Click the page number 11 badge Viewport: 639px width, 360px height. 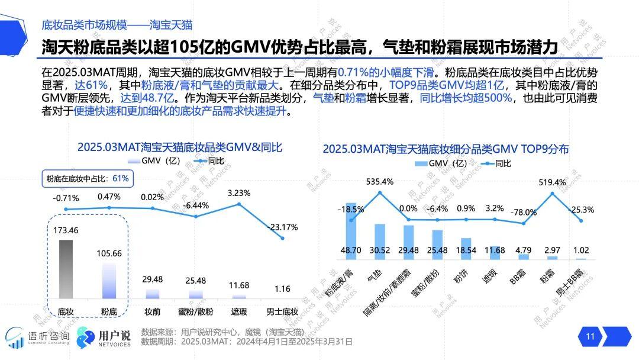tap(590, 337)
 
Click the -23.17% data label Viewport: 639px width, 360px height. tap(282, 227)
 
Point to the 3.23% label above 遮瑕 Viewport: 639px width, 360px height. tap(239, 192)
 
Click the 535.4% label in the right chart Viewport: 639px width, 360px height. tap(380, 181)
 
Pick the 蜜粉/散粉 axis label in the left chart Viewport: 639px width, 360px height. tap(195, 311)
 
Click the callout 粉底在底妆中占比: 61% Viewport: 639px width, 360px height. tap(87, 178)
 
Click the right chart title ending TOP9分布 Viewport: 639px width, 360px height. tap(446, 149)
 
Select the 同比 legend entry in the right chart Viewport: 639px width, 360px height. tap(497, 163)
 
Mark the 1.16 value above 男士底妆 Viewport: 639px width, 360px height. tap(282, 288)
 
